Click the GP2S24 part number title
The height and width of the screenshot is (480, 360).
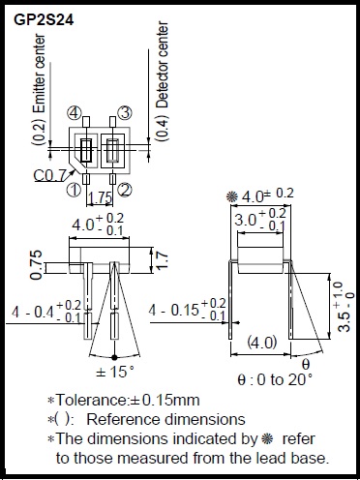point(44,20)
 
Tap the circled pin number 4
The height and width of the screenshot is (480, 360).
point(74,113)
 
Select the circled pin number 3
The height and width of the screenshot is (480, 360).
point(124,113)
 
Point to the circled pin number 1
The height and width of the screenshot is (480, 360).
point(74,190)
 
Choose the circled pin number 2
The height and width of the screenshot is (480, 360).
point(125,190)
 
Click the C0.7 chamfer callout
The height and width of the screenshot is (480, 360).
point(49,175)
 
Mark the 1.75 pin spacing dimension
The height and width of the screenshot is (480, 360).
point(101,197)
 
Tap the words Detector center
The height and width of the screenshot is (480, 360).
point(163,65)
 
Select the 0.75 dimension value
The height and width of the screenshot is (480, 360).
point(36,264)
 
